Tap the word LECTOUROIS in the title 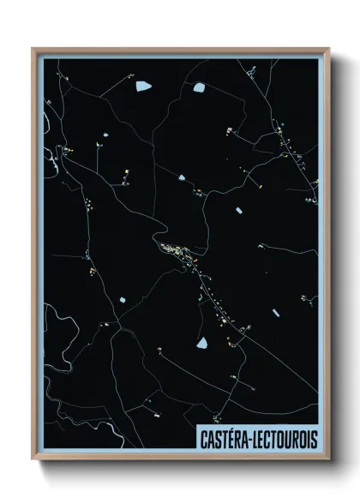(x=286, y=437)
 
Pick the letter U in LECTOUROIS (x=287, y=437)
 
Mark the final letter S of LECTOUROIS (x=313, y=437)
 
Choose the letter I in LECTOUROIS (x=307, y=437)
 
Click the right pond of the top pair (x=199, y=86)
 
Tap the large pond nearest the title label (x=202, y=343)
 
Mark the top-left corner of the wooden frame (x=33, y=49)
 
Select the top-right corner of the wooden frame (x=329, y=49)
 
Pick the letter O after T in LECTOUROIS (x=280, y=437)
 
